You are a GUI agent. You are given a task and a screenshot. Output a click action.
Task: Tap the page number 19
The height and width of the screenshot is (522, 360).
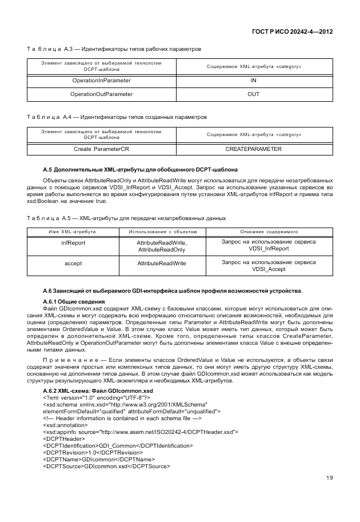coord(330,478)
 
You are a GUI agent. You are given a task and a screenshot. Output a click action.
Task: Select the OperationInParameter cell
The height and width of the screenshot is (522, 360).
coord(101,81)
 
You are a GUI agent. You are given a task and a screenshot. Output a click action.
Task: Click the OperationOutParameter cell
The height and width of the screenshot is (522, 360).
coord(101,94)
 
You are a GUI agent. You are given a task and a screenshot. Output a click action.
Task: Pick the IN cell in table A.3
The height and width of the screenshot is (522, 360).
coord(254,81)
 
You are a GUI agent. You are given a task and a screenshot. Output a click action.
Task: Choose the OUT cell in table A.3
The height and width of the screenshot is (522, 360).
coord(254,94)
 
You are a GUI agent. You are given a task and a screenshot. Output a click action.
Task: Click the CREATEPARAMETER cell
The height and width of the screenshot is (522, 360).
coord(254,149)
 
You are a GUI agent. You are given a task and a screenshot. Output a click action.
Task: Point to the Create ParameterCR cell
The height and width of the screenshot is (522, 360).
coord(101,149)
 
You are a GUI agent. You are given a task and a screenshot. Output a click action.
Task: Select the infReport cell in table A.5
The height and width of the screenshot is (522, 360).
coord(73,242)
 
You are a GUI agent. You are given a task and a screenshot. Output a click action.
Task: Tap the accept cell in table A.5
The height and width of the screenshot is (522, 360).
coord(73,263)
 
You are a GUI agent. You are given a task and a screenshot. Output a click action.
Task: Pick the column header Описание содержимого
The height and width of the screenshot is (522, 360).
coord(269,232)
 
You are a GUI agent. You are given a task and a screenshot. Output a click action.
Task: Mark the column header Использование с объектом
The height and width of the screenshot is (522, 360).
coord(163,232)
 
